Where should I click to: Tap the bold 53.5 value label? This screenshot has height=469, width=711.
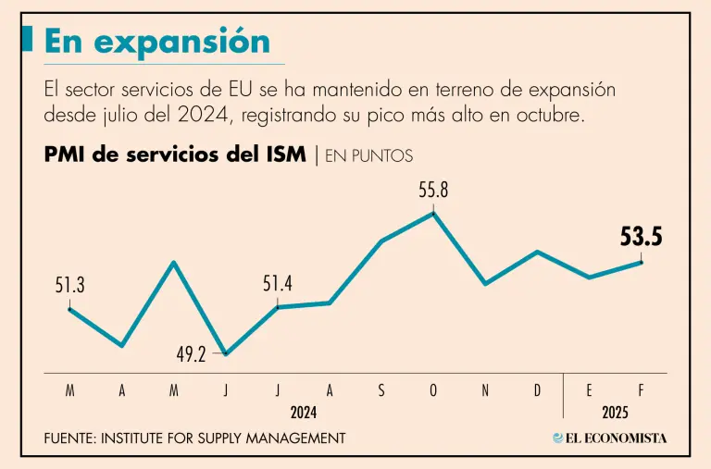click(x=642, y=237)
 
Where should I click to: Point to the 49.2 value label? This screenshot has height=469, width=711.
click(x=191, y=353)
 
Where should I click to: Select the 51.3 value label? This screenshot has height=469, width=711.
click(x=69, y=286)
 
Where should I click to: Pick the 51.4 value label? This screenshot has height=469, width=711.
click(x=278, y=284)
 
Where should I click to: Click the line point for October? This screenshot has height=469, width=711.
click(x=434, y=213)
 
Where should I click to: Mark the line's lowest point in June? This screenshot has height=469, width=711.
click(x=225, y=353)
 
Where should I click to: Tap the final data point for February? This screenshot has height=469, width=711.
click(x=642, y=262)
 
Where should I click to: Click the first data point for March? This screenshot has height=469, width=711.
click(x=70, y=308)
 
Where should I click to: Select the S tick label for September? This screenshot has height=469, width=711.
click(x=381, y=391)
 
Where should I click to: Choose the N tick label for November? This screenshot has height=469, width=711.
click(x=485, y=391)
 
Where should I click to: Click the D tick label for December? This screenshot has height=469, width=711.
click(x=537, y=391)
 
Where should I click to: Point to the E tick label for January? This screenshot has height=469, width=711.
click(x=590, y=391)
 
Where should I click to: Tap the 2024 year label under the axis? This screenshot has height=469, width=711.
click(x=304, y=411)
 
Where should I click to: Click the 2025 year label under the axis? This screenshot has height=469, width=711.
click(x=616, y=411)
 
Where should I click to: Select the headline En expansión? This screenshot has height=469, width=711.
click(x=157, y=42)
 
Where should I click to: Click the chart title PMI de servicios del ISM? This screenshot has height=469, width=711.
click(x=175, y=154)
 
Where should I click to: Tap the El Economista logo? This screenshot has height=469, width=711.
click(x=609, y=438)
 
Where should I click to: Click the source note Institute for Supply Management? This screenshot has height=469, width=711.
click(x=194, y=438)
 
